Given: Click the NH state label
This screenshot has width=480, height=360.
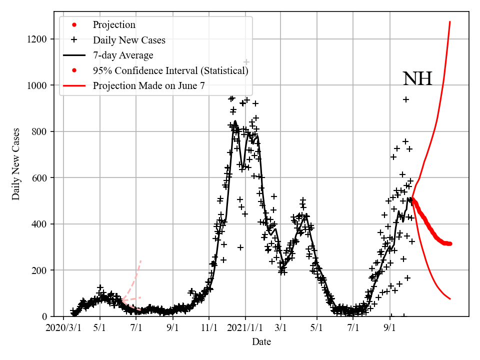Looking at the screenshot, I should (x=417, y=79).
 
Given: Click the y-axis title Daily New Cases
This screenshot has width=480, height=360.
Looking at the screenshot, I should (x=16, y=164).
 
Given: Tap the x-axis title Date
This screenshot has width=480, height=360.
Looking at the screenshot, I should (x=261, y=342).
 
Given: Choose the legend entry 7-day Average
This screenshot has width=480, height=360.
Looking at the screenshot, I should (x=123, y=55).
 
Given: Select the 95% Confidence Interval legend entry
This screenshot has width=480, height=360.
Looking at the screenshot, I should (x=170, y=70).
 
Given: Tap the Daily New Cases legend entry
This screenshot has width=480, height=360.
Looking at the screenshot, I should (x=129, y=39).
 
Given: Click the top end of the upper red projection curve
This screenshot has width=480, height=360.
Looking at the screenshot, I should (x=450, y=22).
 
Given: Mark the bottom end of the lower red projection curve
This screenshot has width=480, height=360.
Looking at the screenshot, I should (x=450, y=299).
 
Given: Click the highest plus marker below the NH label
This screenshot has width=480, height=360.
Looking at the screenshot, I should (x=406, y=99).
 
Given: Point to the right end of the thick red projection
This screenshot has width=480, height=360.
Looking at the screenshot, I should (x=450, y=243).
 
